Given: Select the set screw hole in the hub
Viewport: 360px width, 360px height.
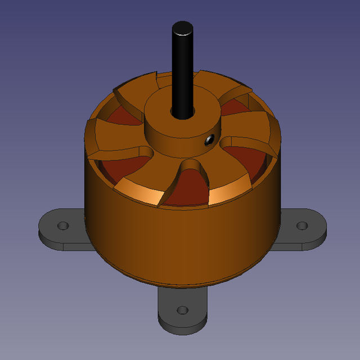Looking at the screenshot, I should click(x=209, y=139).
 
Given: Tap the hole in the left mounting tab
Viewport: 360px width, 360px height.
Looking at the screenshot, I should click(x=63, y=226).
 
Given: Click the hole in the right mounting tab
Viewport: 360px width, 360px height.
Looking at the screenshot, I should click(x=302, y=226).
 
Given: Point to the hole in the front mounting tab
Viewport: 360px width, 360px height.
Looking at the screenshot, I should click(x=182, y=310).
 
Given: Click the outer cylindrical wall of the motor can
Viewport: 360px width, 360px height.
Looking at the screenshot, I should click(x=180, y=242).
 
